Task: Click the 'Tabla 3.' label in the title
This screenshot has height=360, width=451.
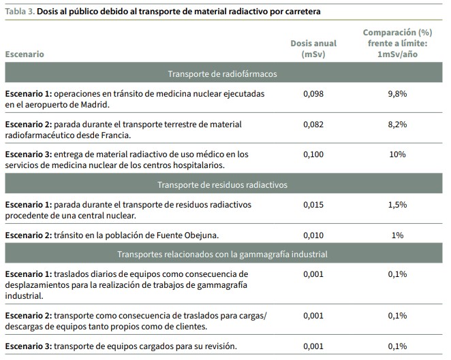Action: [x=20, y=12]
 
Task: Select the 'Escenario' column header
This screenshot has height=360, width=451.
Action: [x=25, y=54]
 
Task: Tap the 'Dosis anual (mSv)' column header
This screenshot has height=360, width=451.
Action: [x=313, y=49]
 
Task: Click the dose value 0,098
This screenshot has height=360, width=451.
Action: [x=313, y=94]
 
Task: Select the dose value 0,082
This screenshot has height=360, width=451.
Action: [x=313, y=125]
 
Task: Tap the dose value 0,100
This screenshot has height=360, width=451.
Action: [x=313, y=154]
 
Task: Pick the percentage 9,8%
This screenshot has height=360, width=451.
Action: [x=397, y=94]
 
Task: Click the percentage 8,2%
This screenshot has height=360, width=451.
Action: [x=397, y=125]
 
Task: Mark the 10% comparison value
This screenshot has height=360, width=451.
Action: [x=397, y=154]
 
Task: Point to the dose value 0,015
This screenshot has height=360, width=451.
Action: [x=313, y=205]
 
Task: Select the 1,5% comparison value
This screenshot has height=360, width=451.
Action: [x=397, y=205]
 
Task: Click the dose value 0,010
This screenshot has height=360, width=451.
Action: [x=313, y=235]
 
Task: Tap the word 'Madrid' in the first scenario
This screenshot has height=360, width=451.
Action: [x=94, y=105]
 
